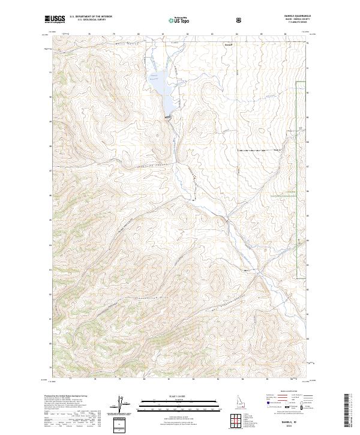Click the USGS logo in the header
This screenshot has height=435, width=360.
[x=55, y=19]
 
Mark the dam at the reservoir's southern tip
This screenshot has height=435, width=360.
[x=168, y=116]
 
